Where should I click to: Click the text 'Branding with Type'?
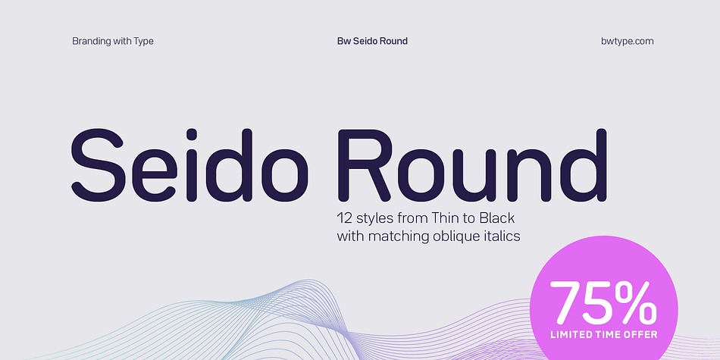coord(113,42)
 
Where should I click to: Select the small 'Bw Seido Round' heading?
coord(372,42)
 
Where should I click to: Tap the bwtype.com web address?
coord(628,42)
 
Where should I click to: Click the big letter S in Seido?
coord(97,165)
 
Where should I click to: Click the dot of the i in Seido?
coord(192,135)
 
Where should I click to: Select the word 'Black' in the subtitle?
coord(498,218)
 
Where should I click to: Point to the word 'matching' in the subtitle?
coord(399,237)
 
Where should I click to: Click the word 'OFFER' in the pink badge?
coord(641,334)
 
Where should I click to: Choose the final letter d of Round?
coord(583,165)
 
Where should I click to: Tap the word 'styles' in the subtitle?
coord(374,218)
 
